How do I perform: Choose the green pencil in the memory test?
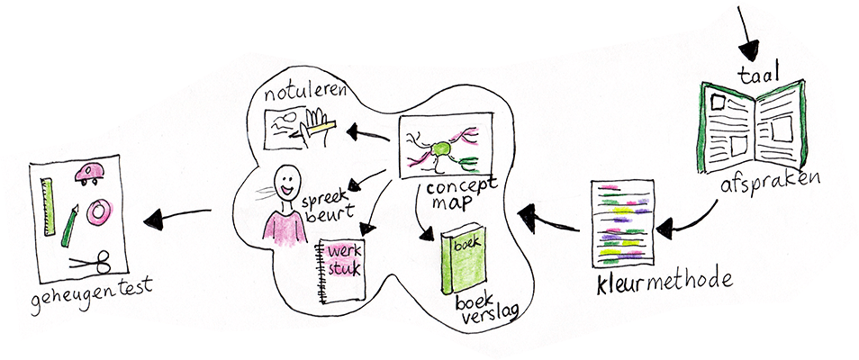click(x=70, y=226)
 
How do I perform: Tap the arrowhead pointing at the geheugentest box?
click(x=155, y=219)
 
